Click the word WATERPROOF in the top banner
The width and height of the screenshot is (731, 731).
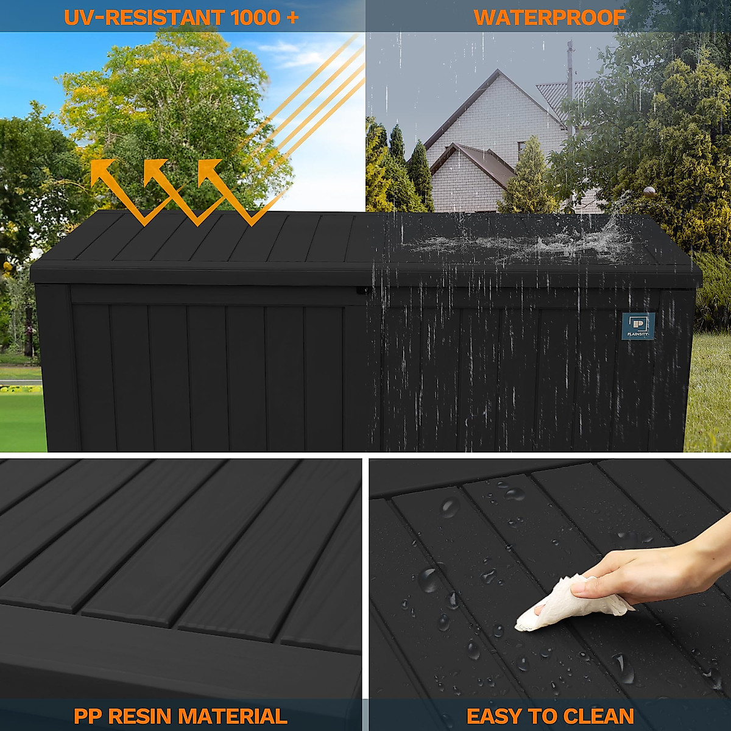[x=549, y=17]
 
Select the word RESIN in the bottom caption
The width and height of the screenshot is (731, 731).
[x=141, y=716]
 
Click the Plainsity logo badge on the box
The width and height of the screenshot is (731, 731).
[x=638, y=325]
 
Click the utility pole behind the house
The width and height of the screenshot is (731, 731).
[x=571, y=79]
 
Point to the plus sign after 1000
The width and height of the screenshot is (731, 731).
[x=291, y=17]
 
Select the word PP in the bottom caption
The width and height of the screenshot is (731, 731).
[x=88, y=716]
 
